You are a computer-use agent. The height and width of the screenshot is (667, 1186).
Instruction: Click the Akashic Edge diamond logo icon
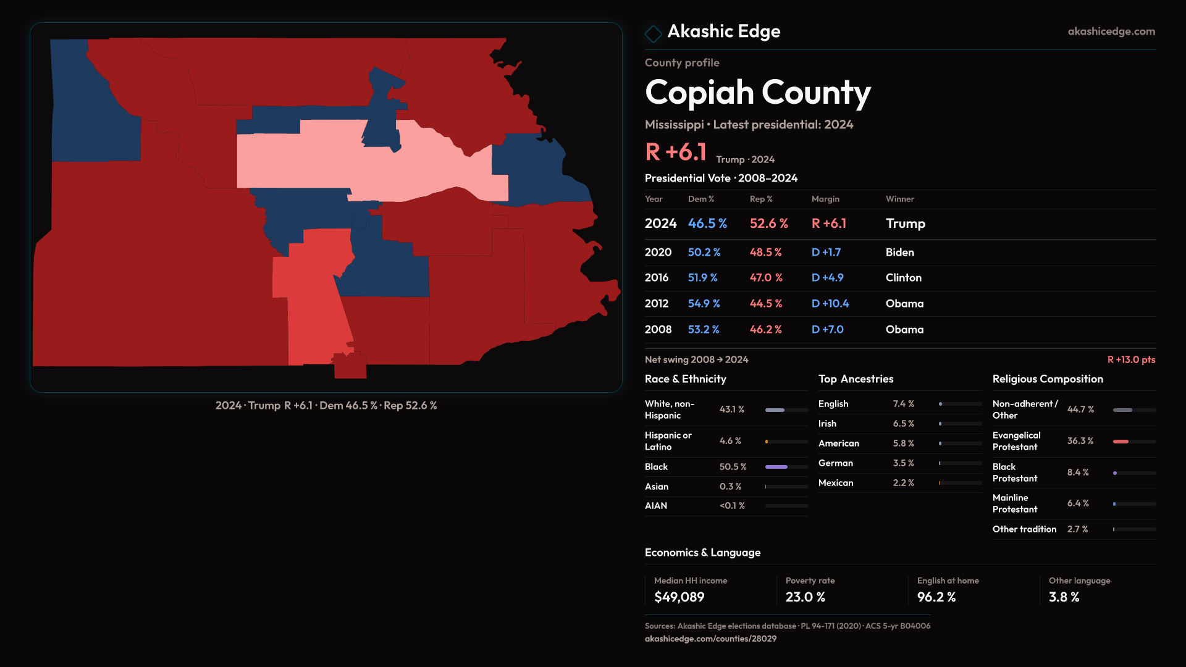point(653,33)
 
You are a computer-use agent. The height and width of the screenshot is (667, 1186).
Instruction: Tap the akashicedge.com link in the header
point(1111,31)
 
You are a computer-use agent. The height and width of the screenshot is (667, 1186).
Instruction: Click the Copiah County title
point(757,93)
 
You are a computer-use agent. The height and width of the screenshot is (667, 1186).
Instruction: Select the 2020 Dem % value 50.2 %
point(704,253)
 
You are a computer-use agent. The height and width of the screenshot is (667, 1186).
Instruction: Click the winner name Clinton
point(903,278)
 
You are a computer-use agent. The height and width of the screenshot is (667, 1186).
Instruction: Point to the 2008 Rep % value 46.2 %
point(765,330)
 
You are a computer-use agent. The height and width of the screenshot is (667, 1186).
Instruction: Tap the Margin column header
point(825,199)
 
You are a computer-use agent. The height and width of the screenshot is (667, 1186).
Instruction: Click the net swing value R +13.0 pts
point(1130,359)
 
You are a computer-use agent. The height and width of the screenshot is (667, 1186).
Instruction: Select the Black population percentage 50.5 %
point(733,467)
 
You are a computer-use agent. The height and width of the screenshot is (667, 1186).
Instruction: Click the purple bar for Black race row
point(776,467)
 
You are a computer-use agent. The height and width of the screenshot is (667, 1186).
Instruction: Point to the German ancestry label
point(835,463)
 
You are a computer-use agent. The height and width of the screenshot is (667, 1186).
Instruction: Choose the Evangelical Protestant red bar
point(1121,442)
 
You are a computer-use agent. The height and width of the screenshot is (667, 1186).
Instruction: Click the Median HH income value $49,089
point(679,597)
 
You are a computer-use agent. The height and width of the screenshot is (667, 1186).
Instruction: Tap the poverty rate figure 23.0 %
point(805,597)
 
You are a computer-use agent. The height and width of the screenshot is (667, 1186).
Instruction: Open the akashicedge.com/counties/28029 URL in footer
point(710,639)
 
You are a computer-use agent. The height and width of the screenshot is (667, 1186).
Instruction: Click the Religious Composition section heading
point(1047,379)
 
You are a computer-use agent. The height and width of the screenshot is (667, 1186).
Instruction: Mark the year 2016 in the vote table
point(656,278)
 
